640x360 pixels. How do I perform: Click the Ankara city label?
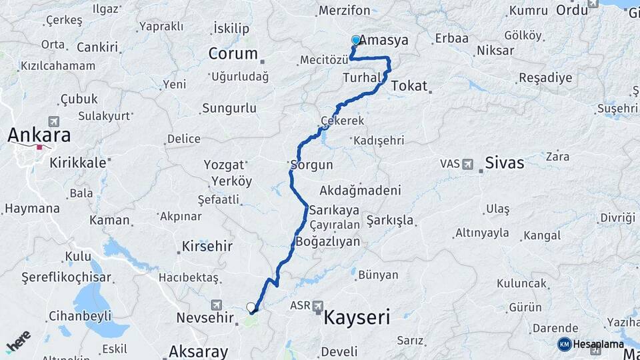(x=39, y=135)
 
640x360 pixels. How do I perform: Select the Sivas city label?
(x=505, y=163)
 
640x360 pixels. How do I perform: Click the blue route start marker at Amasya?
(x=356, y=40)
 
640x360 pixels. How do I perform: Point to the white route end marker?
(x=251, y=307)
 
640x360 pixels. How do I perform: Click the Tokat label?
(x=409, y=86)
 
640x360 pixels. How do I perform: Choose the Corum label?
(x=233, y=53)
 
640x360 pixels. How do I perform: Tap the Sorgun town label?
(x=311, y=164)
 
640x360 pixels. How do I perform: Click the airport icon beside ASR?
(x=318, y=305)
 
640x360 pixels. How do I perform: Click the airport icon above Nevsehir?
(x=216, y=305)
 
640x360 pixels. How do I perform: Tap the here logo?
(x=18, y=341)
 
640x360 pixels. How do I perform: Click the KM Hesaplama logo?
(x=591, y=344)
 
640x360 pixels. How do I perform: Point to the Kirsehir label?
(x=207, y=247)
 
